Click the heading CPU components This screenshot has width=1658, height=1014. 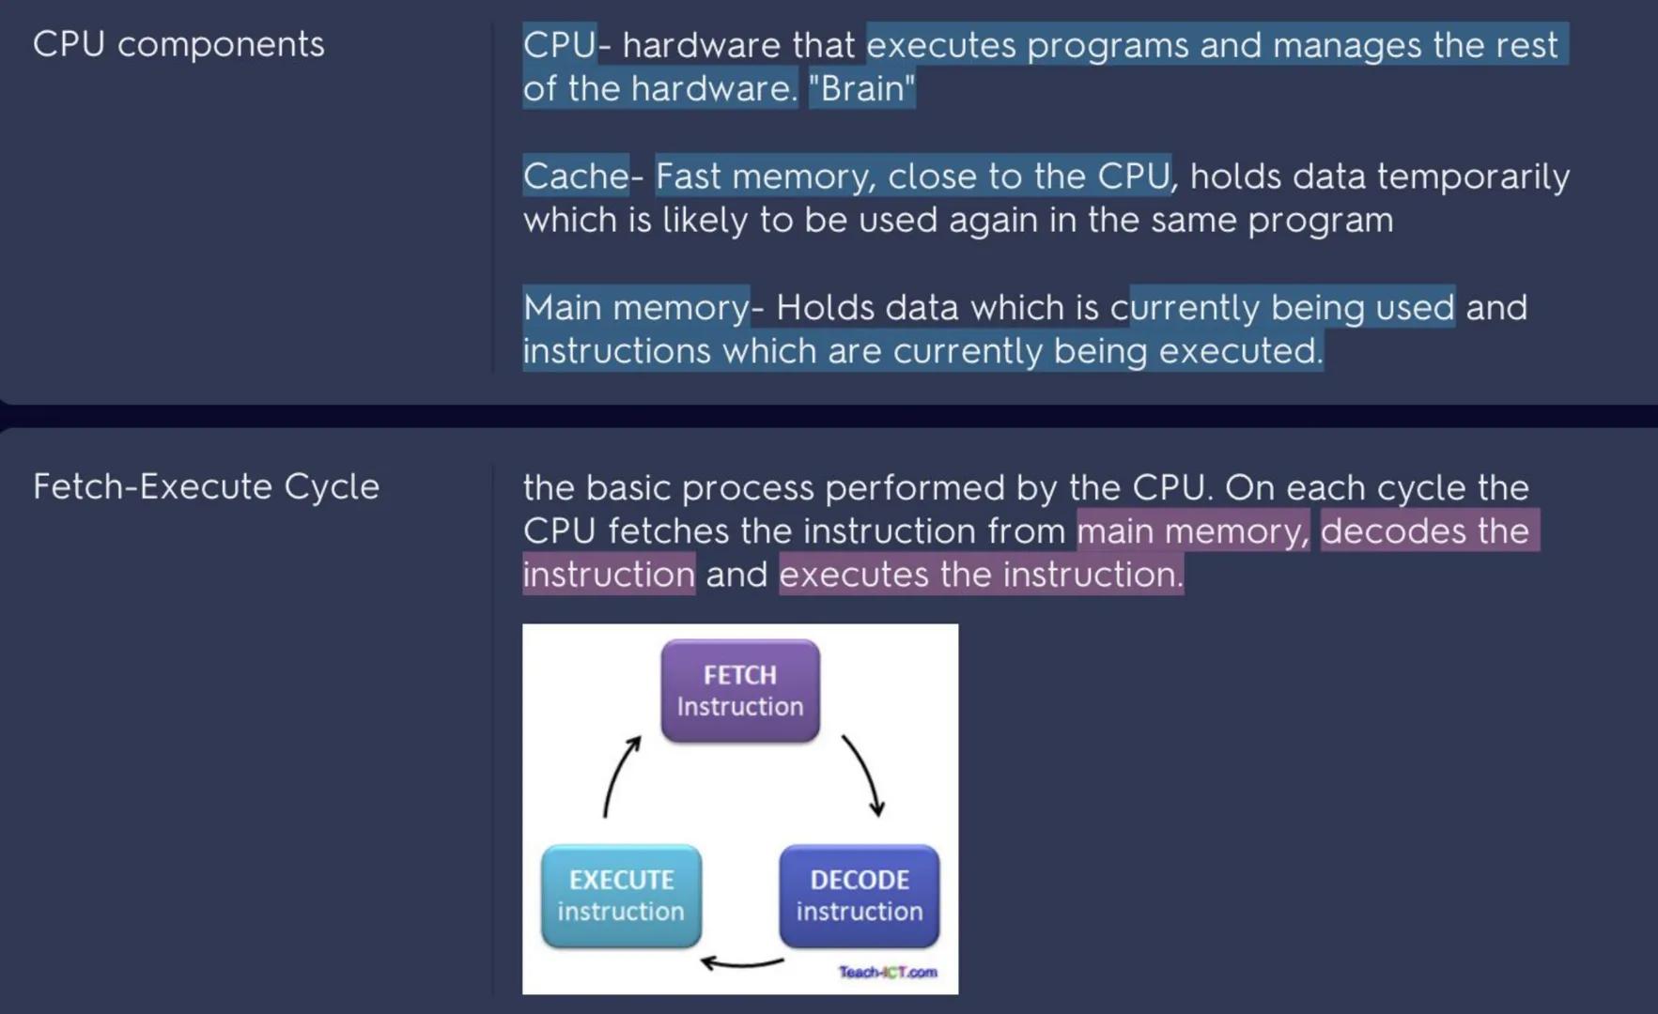click(178, 44)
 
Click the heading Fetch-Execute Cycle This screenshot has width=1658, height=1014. click(206, 486)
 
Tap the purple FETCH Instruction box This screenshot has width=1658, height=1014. click(740, 691)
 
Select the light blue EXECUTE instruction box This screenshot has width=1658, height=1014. click(621, 896)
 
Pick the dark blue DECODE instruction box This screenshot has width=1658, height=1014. click(859, 896)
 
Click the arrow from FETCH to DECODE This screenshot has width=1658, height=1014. click(864, 776)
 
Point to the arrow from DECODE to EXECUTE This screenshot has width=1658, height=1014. click(742, 962)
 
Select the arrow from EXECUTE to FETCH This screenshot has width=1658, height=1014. click(619, 776)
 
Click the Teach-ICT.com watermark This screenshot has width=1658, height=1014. click(887, 972)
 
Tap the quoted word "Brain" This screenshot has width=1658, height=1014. click(861, 88)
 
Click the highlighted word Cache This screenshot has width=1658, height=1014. click(575, 176)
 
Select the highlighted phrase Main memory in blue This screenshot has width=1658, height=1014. click(635, 307)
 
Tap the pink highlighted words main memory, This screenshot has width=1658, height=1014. click(1192, 530)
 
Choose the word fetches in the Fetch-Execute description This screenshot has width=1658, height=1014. click(668, 530)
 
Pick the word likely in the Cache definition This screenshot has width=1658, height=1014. click(705, 220)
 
